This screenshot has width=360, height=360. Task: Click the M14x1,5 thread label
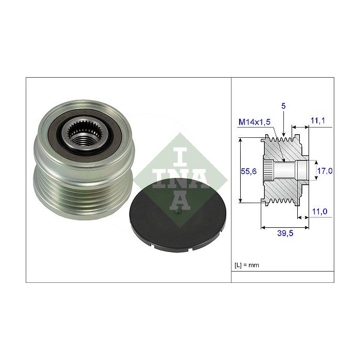pos(255,122)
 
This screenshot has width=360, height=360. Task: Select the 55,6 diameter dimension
pos(248,171)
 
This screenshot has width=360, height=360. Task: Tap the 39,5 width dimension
pos(285,233)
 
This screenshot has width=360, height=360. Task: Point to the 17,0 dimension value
pos(325,171)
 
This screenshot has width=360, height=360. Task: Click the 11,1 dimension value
pos(318,120)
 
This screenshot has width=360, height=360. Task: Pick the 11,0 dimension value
pos(319,211)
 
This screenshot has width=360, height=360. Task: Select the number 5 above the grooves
pos(283,106)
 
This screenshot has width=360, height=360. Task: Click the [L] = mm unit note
pos(247,265)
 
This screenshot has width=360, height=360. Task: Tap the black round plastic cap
pos(178,215)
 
